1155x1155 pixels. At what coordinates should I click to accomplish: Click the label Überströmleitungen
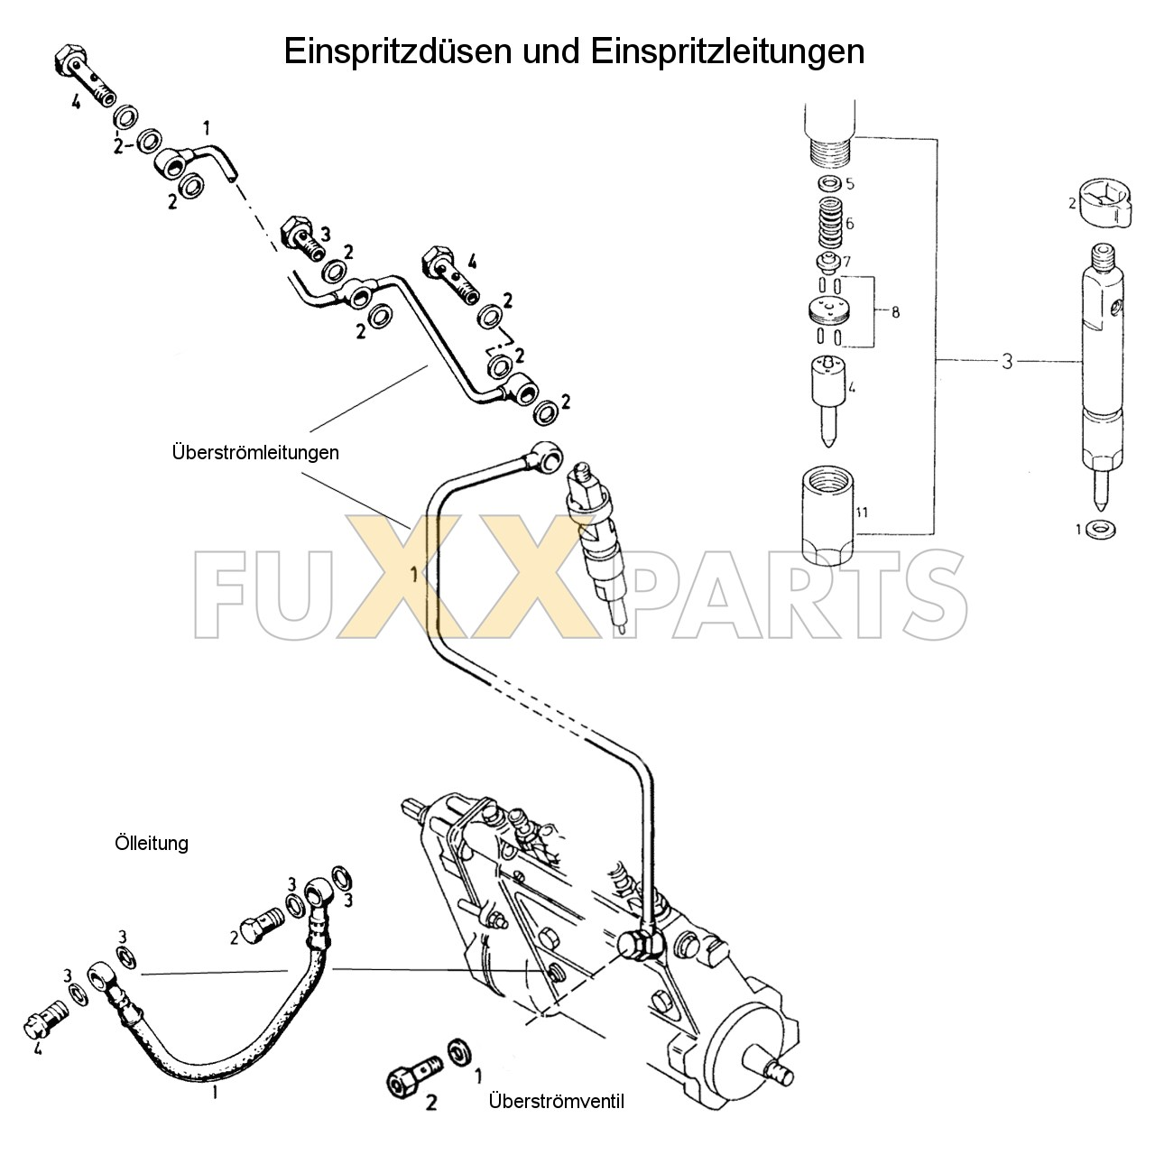[255, 452]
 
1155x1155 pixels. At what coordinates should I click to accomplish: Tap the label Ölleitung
[152, 843]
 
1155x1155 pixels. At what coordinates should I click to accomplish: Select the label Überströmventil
[556, 1101]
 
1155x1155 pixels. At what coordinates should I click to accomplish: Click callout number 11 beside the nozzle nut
[862, 513]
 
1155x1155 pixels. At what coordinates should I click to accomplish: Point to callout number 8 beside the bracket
[894, 313]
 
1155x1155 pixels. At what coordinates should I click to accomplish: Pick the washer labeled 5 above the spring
[827, 184]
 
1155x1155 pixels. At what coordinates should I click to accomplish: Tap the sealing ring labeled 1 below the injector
[1099, 529]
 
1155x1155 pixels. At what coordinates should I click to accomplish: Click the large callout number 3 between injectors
[1007, 362]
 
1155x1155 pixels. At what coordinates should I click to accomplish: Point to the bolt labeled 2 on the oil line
[261, 926]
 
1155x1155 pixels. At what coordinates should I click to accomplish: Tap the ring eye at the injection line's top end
[546, 449]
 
